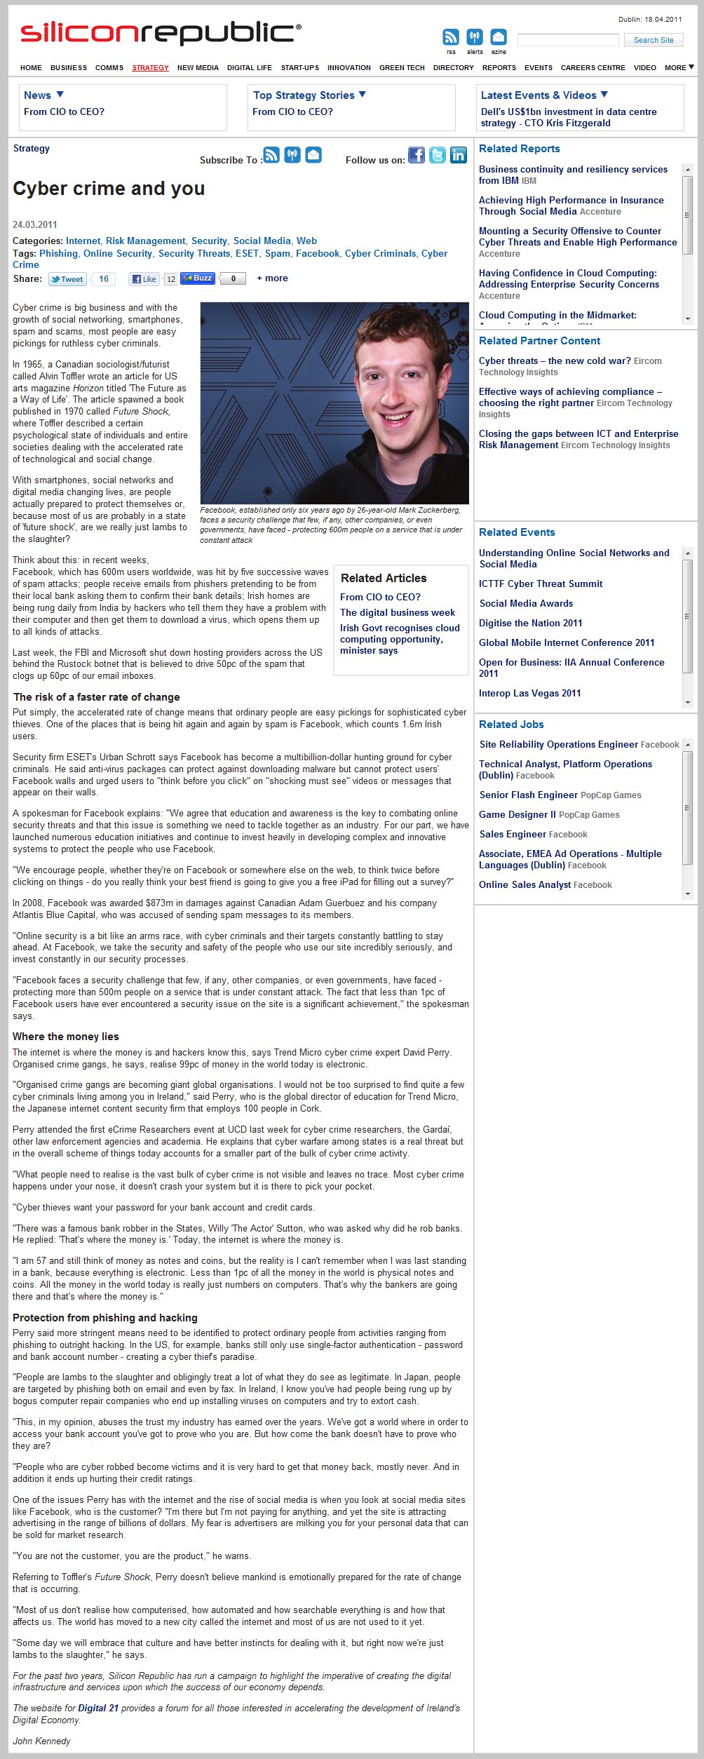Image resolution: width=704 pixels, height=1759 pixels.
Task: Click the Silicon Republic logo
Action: click(x=161, y=33)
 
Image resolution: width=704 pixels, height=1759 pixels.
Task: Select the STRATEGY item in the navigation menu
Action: click(x=150, y=68)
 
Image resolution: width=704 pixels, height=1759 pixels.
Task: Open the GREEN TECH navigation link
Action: click(x=402, y=68)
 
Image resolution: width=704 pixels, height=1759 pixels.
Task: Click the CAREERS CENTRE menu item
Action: click(x=593, y=68)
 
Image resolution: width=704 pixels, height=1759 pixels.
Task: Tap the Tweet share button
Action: click(x=67, y=279)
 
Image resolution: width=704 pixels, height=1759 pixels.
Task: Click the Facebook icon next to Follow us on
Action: click(x=417, y=156)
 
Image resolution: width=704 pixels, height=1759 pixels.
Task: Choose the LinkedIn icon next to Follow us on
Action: click(x=459, y=156)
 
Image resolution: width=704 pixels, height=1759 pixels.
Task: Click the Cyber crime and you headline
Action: click(x=109, y=189)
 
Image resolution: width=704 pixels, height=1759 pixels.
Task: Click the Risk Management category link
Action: click(x=146, y=241)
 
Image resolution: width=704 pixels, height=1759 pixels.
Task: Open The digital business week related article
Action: click(x=398, y=612)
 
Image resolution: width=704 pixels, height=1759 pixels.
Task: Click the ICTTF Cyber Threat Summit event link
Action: click(x=541, y=584)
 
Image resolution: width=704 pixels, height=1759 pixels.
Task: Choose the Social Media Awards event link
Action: click(x=526, y=603)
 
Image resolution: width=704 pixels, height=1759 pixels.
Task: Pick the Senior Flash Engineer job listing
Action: click(x=528, y=795)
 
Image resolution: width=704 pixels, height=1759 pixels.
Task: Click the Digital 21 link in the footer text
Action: click(x=98, y=1708)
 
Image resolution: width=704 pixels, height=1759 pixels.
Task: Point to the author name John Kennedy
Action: click(x=41, y=1741)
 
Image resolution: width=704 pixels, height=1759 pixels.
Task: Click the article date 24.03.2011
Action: click(x=35, y=224)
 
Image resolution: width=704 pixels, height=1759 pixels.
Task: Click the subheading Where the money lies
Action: click(x=66, y=1037)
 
